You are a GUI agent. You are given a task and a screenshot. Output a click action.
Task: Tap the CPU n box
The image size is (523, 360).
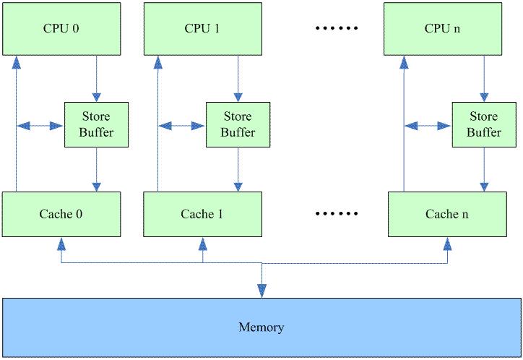tap(442, 29)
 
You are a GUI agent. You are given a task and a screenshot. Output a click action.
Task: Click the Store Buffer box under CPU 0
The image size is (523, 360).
tap(96, 124)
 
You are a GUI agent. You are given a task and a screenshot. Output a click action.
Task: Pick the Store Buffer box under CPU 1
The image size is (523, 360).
tap(238, 124)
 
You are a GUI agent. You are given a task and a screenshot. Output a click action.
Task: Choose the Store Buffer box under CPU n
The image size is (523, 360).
tap(483, 124)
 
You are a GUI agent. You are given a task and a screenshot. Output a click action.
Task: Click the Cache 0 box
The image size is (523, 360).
tap(61, 214)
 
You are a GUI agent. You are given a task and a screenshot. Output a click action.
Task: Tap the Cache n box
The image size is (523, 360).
tap(442, 214)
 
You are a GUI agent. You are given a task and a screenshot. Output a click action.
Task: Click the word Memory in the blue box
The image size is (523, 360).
tap(261, 327)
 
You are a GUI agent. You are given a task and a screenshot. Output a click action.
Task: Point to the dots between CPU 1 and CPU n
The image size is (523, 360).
tap(337, 29)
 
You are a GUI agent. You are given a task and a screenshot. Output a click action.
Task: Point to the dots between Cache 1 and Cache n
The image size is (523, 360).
tap(337, 214)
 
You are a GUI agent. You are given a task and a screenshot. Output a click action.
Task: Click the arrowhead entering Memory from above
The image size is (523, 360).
tap(261, 291)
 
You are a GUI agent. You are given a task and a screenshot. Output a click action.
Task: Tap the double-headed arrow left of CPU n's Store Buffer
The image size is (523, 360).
tap(428, 126)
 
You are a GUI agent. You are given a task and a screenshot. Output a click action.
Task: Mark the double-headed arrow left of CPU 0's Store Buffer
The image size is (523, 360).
tap(40, 126)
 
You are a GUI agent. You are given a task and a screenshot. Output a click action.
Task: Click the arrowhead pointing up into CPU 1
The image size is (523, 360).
tap(157, 62)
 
